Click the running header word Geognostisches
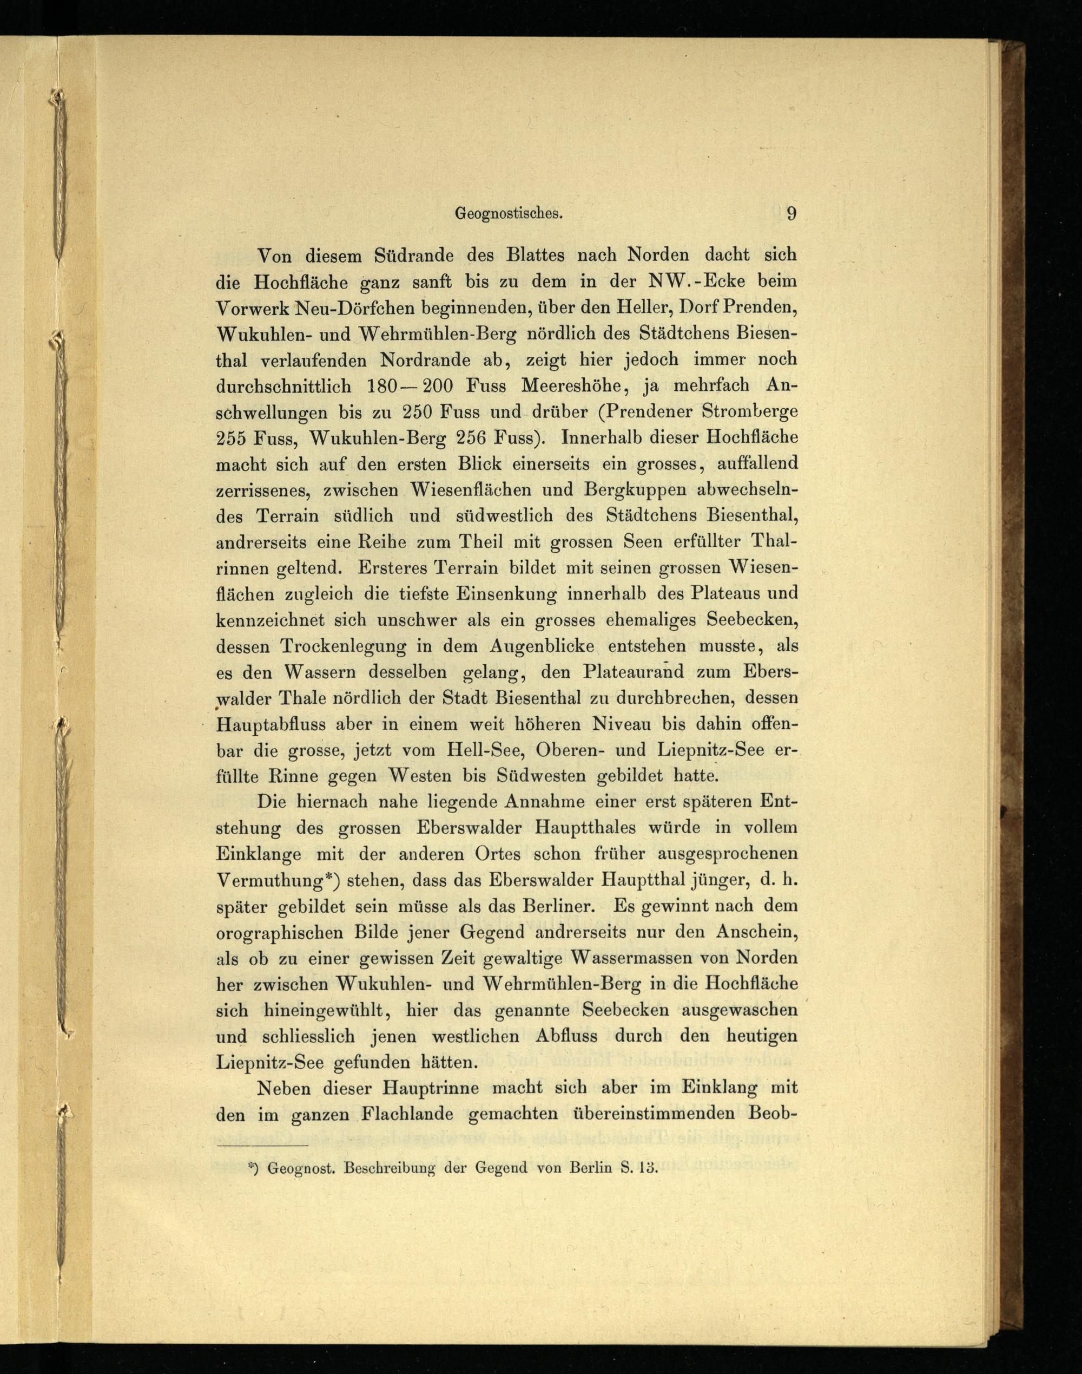(509, 214)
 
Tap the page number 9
(791, 214)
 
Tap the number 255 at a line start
(232, 439)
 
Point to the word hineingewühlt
(320, 1010)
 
